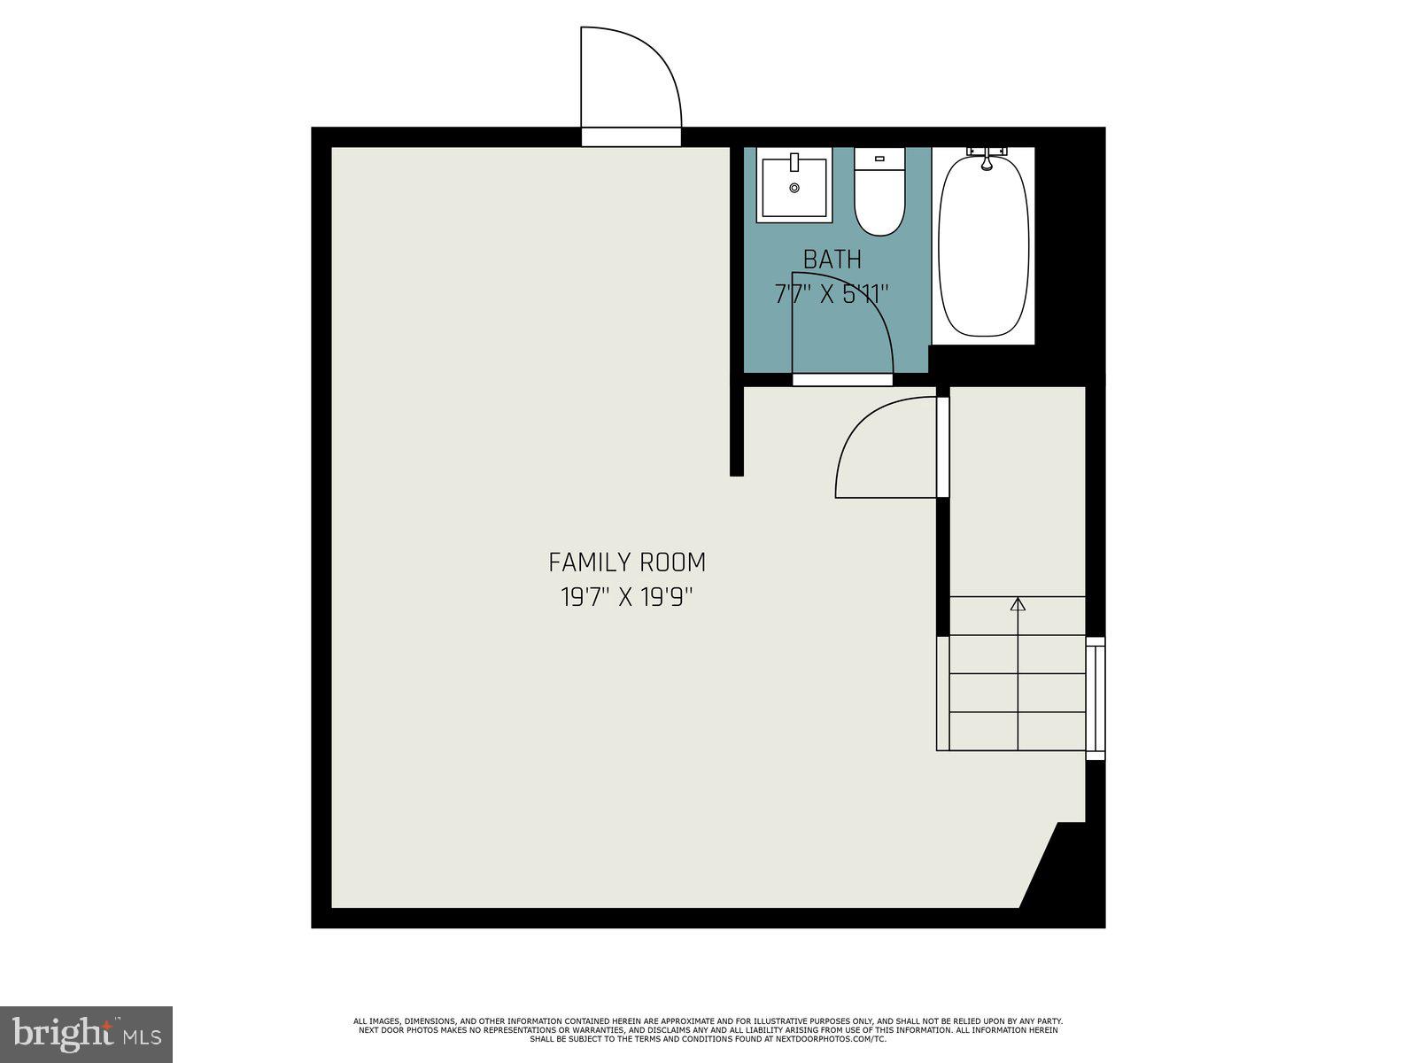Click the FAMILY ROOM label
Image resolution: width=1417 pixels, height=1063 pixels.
click(x=627, y=563)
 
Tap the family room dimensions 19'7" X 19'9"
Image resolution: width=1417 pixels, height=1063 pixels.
click(x=627, y=597)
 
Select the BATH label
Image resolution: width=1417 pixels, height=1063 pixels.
click(x=832, y=260)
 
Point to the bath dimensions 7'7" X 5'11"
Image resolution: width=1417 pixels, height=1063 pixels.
click(x=832, y=294)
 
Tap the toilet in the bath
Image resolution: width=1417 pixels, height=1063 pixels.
click(x=879, y=193)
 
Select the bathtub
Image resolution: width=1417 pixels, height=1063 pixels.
click(x=983, y=246)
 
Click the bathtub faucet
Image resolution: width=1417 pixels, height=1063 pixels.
click(x=986, y=159)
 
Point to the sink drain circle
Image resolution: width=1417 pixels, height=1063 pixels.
click(x=794, y=188)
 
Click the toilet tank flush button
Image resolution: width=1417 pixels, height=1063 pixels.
click(x=879, y=159)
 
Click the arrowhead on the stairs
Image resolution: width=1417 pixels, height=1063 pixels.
click(x=1018, y=604)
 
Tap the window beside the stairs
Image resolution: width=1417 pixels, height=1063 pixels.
click(x=1096, y=698)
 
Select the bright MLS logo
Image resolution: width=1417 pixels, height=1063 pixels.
click(x=87, y=1033)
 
